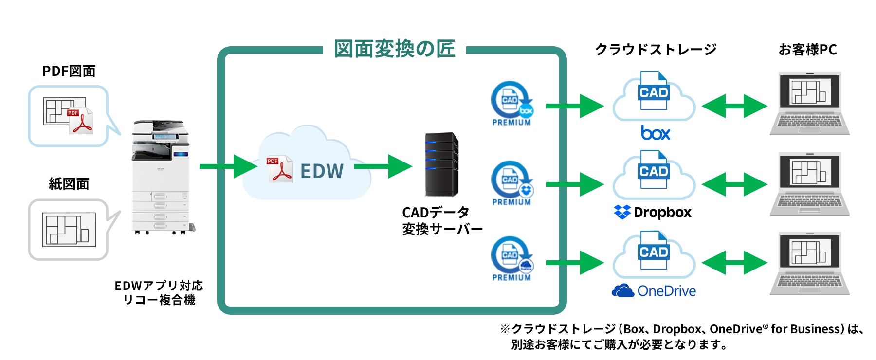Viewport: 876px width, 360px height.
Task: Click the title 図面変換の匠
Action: click(x=394, y=49)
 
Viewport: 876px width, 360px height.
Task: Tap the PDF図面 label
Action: click(x=69, y=71)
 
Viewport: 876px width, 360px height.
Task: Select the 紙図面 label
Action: click(x=69, y=184)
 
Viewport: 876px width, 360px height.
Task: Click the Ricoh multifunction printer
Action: click(x=161, y=178)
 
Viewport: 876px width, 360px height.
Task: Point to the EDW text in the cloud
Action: click(x=322, y=171)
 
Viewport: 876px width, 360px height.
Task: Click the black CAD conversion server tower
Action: click(x=441, y=164)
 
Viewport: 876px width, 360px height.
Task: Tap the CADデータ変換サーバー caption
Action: click(x=441, y=220)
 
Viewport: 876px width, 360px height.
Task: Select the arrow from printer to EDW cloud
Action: click(x=228, y=166)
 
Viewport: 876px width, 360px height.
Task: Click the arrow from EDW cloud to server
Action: click(x=383, y=166)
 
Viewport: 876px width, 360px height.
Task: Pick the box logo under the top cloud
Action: click(x=655, y=133)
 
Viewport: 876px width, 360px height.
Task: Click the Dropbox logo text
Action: click(x=662, y=213)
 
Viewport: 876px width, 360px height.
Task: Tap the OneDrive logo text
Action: click(x=666, y=291)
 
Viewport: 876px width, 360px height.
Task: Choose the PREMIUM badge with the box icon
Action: click(x=511, y=104)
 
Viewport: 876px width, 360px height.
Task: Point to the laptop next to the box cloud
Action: click(x=809, y=103)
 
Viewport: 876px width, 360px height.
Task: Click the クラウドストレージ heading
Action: click(x=655, y=50)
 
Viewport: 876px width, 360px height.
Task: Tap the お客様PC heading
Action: click(x=807, y=50)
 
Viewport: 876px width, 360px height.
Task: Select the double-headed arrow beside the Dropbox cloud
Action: click(x=734, y=185)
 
